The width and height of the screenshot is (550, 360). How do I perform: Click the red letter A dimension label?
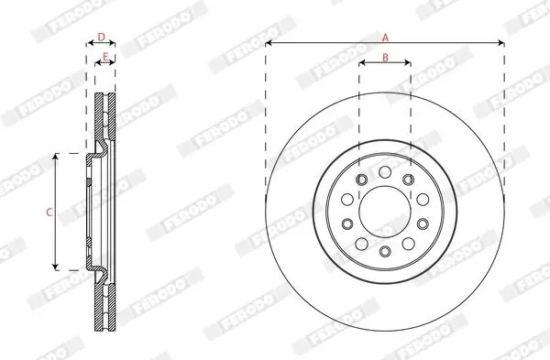(385, 38)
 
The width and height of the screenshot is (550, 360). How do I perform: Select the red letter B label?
(385, 57)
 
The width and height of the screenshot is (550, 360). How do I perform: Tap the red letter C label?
(49, 213)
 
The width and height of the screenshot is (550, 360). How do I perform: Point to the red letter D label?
(101, 37)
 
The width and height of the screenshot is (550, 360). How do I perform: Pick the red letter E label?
(105, 56)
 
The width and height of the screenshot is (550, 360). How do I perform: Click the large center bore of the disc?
(385, 212)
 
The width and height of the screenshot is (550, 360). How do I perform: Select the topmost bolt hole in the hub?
(385, 172)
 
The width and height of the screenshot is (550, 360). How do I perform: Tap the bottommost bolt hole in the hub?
(385, 251)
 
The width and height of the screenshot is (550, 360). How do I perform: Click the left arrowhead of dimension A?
(269, 43)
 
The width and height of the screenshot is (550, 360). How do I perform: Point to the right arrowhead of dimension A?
(501, 43)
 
